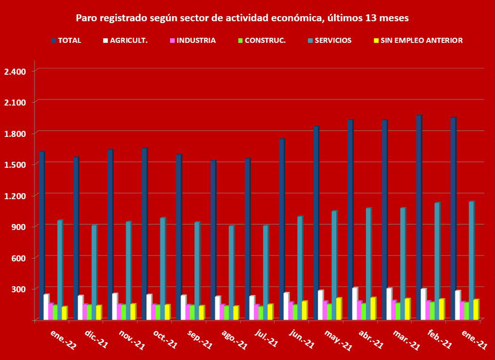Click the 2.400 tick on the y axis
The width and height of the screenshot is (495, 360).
(x=15, y=72)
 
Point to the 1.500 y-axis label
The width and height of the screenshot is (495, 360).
(x=15, y=165)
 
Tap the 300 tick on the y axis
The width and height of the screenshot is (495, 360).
(x=20, y=288)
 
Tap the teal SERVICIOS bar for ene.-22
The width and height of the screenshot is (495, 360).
(x=59, y=270)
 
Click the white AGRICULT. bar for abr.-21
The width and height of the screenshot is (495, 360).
(x=355, y=303)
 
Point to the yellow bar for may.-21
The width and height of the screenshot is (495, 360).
(x=338, y=309)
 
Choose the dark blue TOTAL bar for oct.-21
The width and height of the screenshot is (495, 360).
(x=144, y=234)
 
